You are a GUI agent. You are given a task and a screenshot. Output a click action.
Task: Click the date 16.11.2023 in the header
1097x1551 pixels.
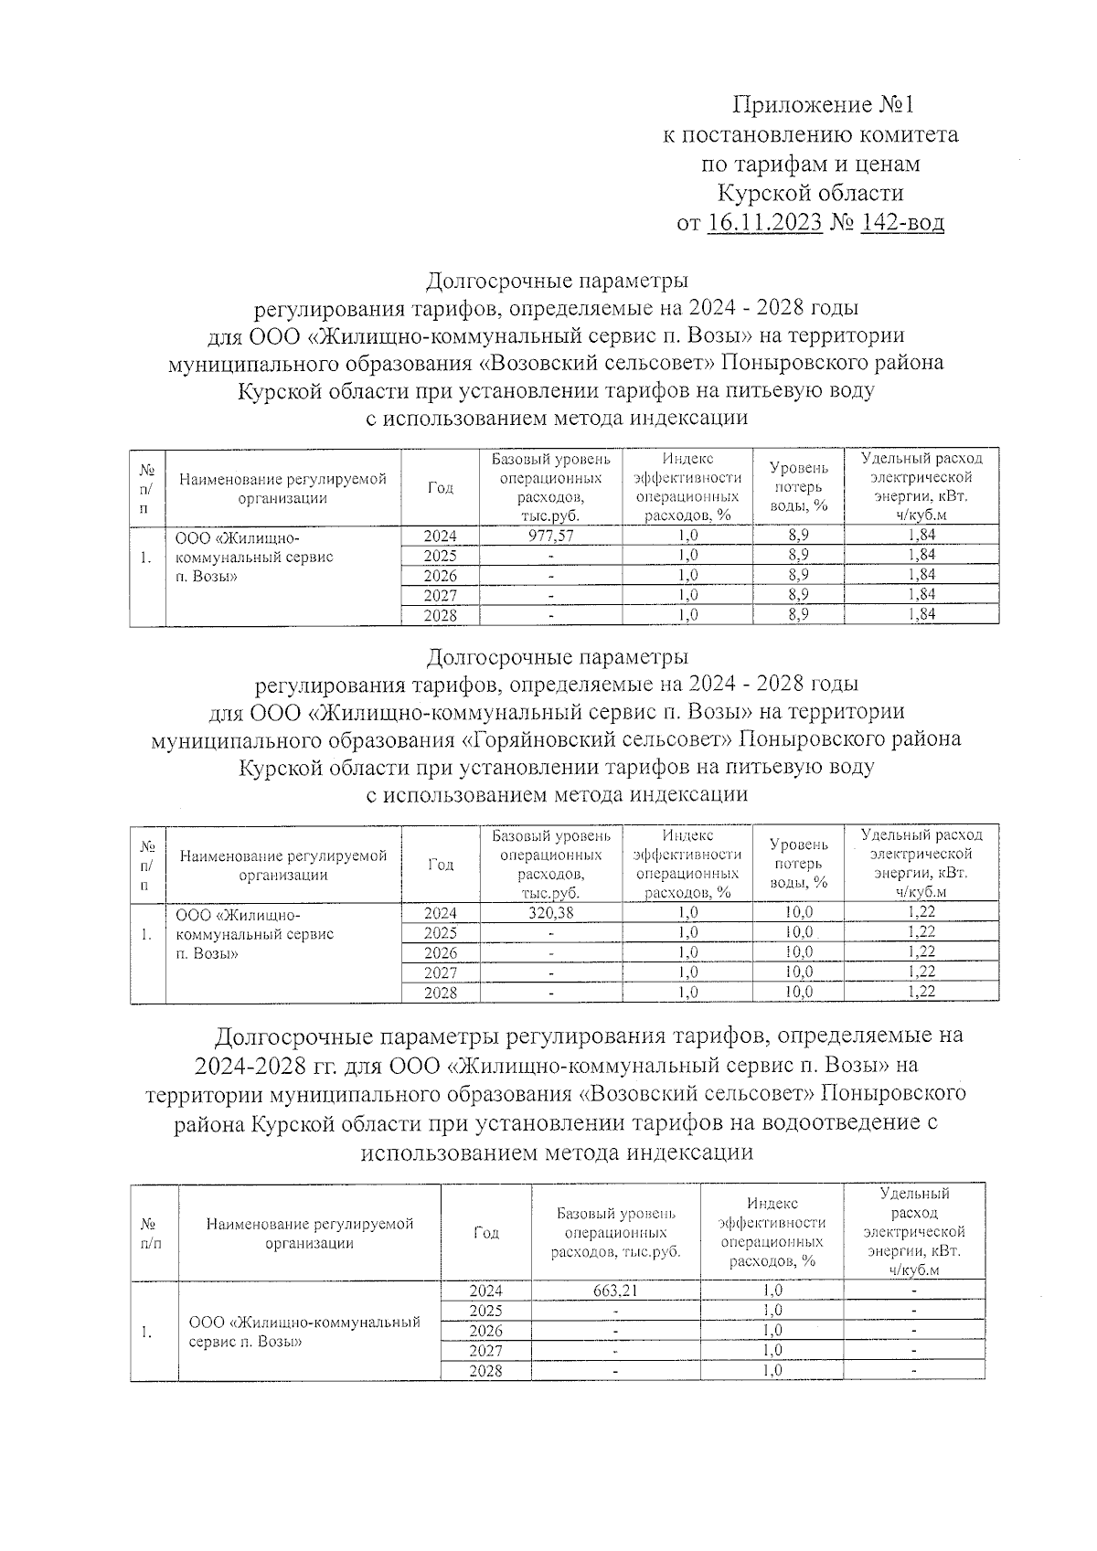coord(764,223)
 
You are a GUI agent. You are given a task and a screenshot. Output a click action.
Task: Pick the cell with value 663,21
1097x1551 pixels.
coord(615,1291)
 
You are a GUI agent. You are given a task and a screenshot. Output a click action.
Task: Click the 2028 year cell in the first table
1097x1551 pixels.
coord(440,616)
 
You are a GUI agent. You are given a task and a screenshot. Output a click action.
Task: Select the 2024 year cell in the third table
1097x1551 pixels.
coord(485,1291)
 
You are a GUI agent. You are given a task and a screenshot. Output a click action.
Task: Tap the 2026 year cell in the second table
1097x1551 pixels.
coord(440,952)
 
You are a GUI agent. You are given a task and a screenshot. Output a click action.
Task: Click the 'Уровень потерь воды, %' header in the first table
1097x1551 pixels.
coord(798,486)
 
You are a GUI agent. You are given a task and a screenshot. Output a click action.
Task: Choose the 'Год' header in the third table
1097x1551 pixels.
coord(485,1232)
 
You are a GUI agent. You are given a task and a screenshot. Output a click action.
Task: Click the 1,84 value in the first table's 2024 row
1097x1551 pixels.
coord(921,536)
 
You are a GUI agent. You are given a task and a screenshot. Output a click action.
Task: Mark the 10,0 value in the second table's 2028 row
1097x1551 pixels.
coord(798,993)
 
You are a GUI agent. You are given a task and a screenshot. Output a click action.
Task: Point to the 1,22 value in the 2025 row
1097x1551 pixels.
coord(921,931)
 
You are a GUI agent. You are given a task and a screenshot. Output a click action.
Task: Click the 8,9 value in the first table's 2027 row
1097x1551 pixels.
coord(798,595)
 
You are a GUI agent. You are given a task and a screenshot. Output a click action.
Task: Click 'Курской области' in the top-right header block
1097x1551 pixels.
coord(810,193)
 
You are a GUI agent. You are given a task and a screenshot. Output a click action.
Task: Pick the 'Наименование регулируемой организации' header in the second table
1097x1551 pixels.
coord(283,865)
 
